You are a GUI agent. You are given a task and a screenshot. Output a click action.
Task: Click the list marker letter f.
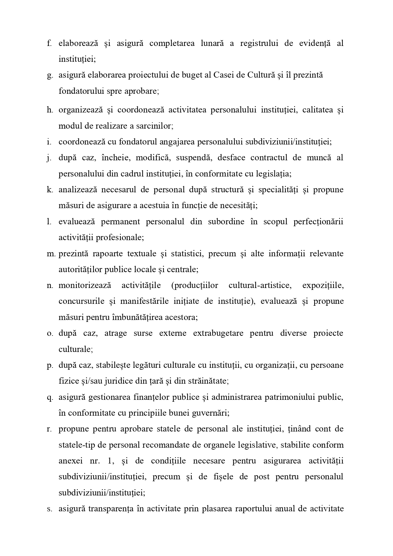pos(49,43)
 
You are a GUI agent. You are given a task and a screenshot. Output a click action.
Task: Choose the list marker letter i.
pos(49,142)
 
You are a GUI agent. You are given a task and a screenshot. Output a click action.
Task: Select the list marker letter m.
pos(51,254)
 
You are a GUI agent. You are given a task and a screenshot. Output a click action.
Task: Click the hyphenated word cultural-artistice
pos(260,285)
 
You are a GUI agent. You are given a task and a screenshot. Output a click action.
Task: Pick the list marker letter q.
pos(49,397)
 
